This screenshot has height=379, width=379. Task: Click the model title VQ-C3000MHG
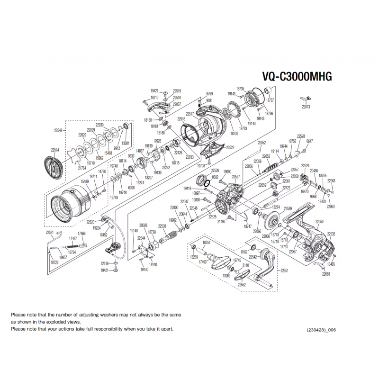(x=297, y=77)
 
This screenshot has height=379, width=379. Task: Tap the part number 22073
(x=306, y=107)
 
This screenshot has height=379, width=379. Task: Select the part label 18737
(x=270, y=100)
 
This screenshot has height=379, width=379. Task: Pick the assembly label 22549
(x=58, y=130)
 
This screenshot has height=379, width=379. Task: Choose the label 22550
(x=319, y=222)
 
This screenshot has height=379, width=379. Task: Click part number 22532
(x=332, y=234)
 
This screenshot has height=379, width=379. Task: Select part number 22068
(x=326, y=274)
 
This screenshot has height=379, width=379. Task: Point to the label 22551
(x=285, y=270)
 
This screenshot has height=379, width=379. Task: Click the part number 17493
(x=203, y=262)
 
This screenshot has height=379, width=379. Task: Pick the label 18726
(x=54, y=262)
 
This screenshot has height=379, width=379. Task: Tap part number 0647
(x=310, y=141)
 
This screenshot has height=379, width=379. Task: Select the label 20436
(x=314, y=171)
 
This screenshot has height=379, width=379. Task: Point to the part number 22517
(x=190, y=114)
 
